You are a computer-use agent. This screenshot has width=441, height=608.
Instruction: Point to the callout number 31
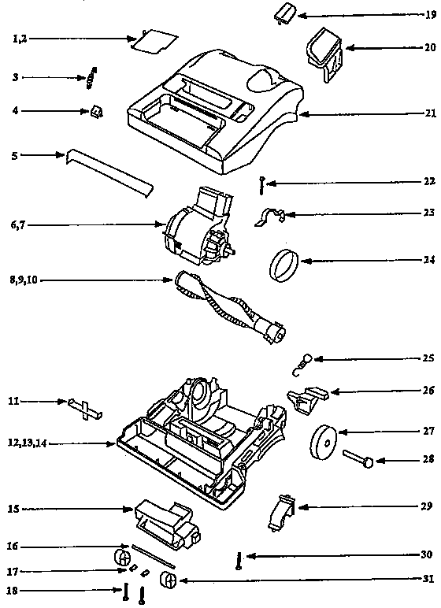pos(428,582)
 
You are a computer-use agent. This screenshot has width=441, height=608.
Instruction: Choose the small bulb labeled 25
pos(303,363)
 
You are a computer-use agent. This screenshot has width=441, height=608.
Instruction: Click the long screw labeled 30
pos(237,561)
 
